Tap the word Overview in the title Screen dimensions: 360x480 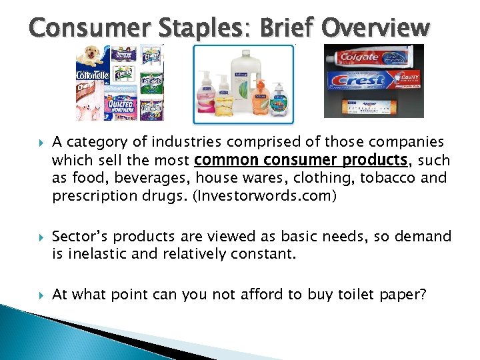376,27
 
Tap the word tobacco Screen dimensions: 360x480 382,179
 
